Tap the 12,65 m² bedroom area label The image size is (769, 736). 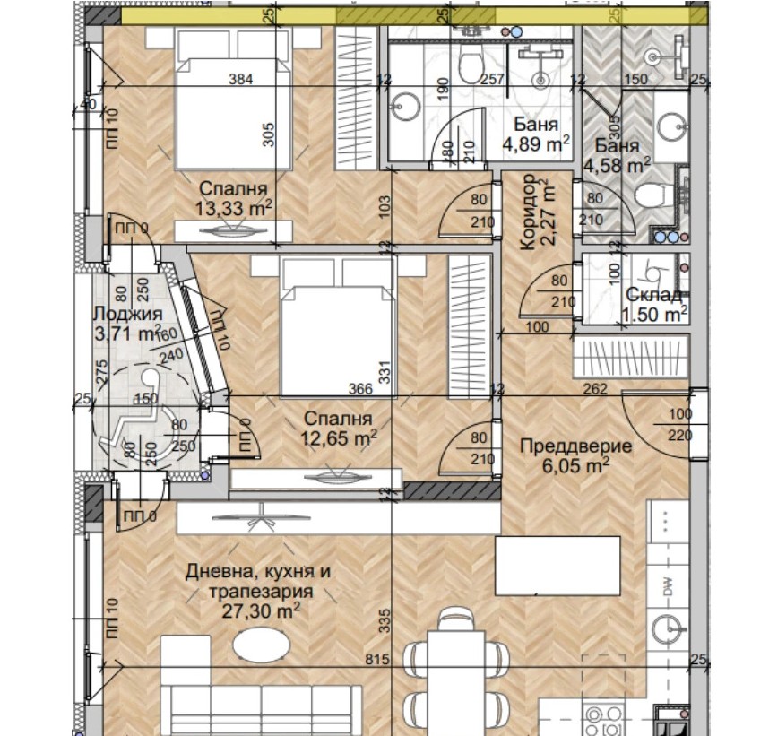(340, 438)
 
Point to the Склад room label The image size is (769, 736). (654, 295)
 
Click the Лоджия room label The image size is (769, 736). (127, 315)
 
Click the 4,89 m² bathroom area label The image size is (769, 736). (537, 143)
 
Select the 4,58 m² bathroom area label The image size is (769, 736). (617, 165)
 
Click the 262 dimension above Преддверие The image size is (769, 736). (594, 390)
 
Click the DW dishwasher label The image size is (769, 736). (667, 588)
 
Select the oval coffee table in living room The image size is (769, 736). (261, 645)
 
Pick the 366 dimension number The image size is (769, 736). (360, 390)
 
